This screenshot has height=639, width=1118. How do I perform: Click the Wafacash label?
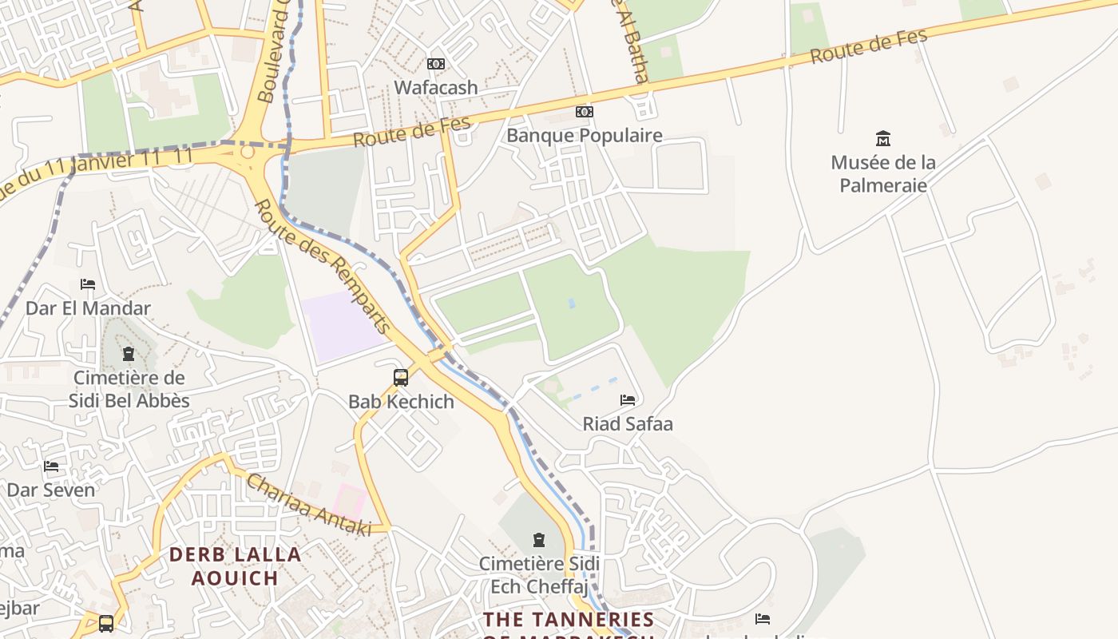point(436,87)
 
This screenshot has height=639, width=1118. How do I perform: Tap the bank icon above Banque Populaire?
point(585,112)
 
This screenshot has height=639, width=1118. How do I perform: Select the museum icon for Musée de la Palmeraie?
point(883,138)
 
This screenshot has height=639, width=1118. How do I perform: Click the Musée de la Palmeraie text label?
point(883,174)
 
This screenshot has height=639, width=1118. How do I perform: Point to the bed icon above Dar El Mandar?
point(88,284)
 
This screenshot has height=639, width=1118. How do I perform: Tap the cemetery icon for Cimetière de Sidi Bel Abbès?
point(129,354)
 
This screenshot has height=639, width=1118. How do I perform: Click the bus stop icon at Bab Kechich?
point(401,377)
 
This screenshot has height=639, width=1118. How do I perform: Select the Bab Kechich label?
point(401,402)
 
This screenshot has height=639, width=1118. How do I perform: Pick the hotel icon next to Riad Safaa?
point(628,399)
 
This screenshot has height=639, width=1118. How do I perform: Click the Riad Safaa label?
point(628,424)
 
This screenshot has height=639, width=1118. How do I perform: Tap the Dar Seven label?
point(51,490)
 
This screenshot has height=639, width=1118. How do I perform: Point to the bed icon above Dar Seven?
point(52,466)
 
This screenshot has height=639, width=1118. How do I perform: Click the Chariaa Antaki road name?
point(308,505)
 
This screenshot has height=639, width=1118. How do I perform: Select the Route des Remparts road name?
point(323,265)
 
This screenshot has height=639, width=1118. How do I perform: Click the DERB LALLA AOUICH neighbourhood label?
point(235,566)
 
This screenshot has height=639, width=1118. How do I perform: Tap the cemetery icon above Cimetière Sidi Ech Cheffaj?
point(538,540)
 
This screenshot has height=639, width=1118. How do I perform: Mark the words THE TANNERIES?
point(569,619)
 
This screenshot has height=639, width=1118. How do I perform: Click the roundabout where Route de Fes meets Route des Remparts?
point(248,151)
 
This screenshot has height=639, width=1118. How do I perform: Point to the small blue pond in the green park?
point(570,304)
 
